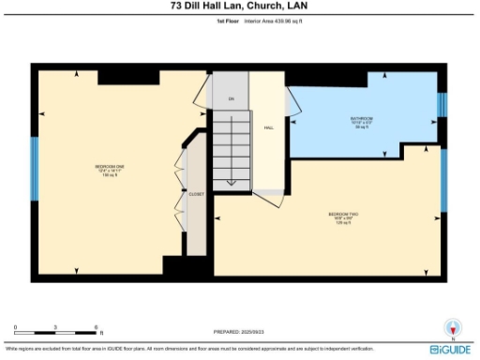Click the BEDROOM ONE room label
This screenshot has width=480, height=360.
pos(110,170)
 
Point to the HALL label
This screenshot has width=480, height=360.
pos(268,127)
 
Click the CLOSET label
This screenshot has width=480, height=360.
pos(196,194)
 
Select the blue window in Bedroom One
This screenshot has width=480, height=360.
pos(35,171)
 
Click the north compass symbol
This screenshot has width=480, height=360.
pos(452,328)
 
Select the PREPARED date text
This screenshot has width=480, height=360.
pos(239,332)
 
